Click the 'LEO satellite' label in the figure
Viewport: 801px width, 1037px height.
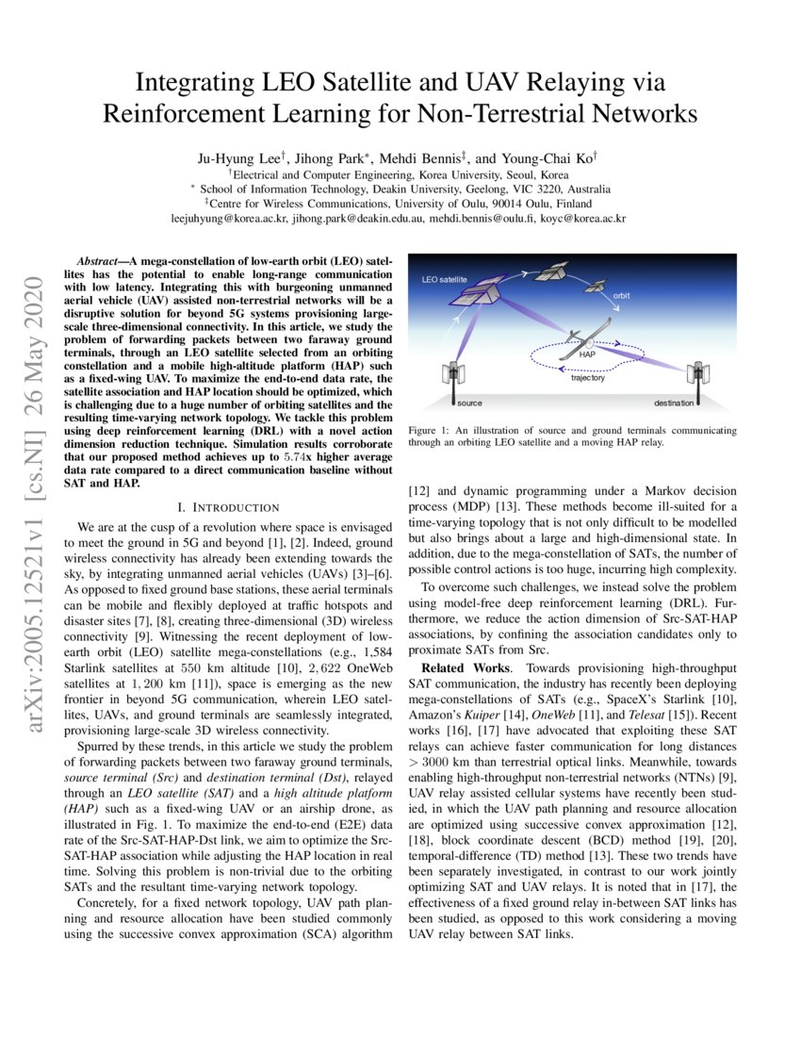pos(445,281)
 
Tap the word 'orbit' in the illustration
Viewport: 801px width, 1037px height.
pos(621,296)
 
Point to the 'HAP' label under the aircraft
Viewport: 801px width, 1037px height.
pos(587,354)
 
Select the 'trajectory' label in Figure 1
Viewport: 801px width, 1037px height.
pos(587,378)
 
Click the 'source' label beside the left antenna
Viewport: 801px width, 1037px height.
pos(469,403)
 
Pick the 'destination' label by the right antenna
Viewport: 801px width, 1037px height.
pos(674,403)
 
